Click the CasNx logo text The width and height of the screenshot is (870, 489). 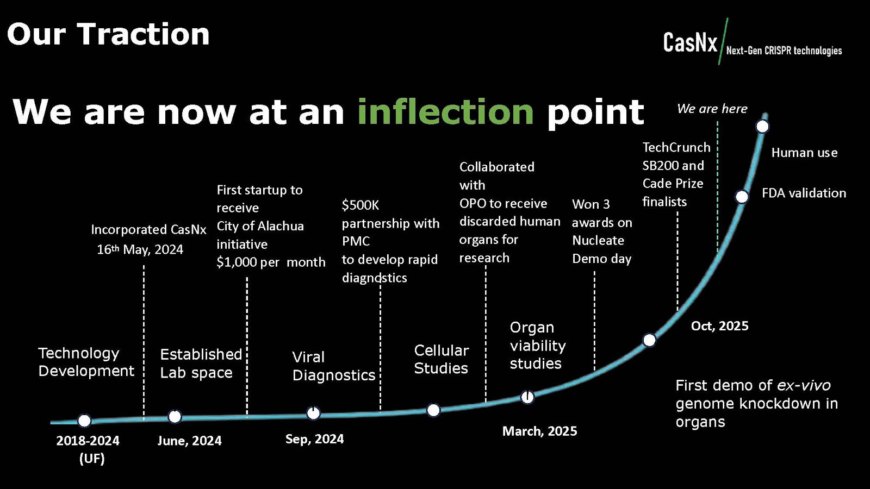point(690,42)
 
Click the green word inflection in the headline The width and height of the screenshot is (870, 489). point(445,112)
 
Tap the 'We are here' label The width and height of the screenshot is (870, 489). point(712,109)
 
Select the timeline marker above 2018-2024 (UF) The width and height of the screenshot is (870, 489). point(84,421)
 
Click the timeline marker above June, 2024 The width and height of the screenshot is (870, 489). point(175,417)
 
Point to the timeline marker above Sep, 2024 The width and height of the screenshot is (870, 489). point(313,413)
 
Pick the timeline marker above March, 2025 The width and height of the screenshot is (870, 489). point(527,397)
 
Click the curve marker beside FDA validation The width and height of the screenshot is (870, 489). point(742,197)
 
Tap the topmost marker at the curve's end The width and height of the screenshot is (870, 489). point(762,127)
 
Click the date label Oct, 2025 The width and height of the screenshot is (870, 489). point(719,326)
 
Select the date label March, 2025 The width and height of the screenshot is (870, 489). point(539,431)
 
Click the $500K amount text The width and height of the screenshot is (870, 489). point(360,205)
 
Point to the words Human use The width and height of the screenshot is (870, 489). point(804,153)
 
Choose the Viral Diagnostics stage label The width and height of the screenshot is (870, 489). point(333,366)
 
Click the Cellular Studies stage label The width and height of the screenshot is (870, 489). point(441,359)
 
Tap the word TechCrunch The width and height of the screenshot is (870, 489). point(676,148)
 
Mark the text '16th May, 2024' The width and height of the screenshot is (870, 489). point(140,249)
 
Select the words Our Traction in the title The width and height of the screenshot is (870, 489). point(108,34)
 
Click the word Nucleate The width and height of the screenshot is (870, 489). point(598,241)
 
